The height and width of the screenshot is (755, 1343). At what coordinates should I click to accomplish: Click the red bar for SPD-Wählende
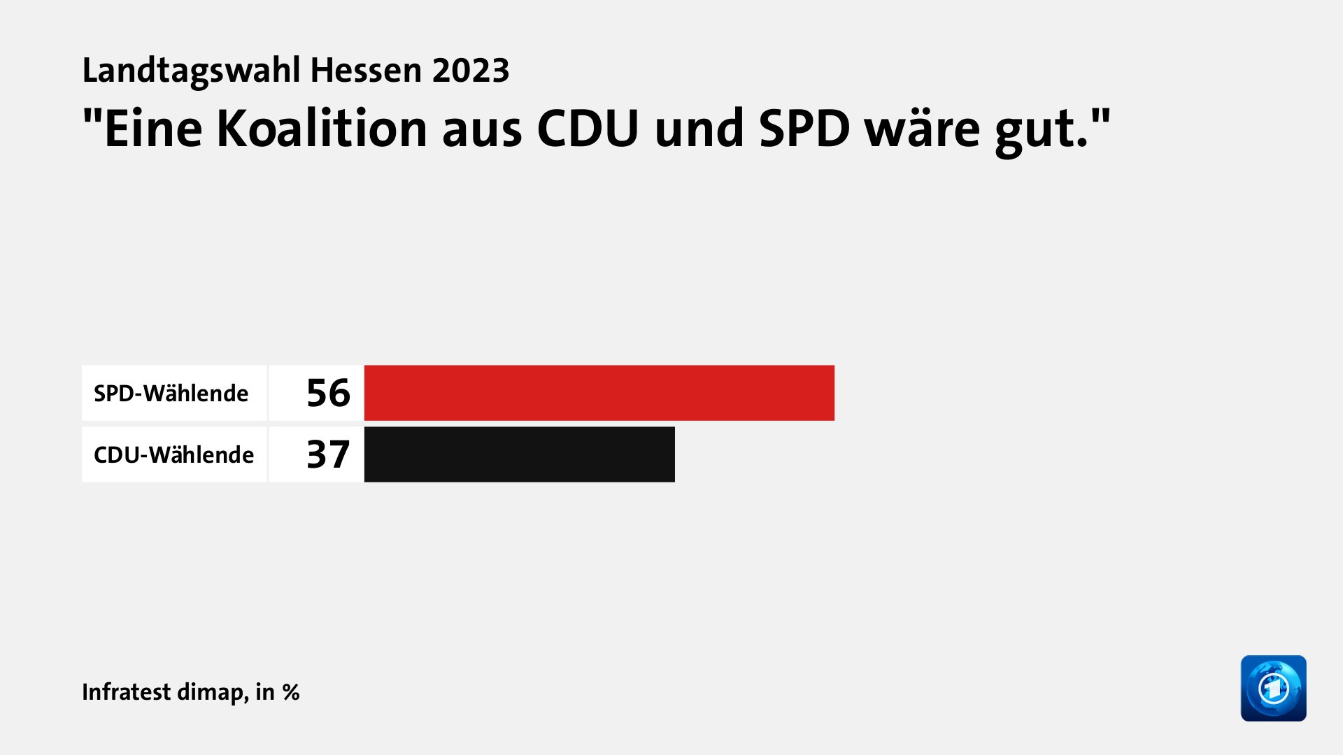pos(599,393)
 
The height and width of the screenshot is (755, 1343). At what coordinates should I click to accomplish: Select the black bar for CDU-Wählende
pos(519,454)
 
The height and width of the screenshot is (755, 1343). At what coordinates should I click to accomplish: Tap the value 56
pos(328,393)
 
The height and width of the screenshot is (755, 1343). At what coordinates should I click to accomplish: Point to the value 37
pos(328,454)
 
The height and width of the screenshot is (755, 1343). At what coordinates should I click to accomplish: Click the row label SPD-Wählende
pos(171,394)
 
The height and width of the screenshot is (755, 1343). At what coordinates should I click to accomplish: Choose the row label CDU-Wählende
pos(173,455)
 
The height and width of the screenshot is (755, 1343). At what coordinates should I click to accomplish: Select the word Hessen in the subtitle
pos(366,71)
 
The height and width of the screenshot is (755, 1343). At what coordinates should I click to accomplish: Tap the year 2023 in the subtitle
pos(470,71)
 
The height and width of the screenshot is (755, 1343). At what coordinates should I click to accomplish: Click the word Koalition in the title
pos(322,129)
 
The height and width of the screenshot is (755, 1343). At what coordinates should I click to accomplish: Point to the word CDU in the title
pos(588,129)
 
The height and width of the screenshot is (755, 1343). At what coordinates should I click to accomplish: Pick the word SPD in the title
pos(804,129)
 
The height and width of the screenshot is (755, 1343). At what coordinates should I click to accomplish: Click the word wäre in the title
pos(922,129)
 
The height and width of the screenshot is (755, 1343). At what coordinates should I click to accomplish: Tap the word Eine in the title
pos(152,129)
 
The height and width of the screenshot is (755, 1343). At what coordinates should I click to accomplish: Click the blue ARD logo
pos(1273,688)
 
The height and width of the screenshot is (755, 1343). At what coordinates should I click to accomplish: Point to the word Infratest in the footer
pos(126,691)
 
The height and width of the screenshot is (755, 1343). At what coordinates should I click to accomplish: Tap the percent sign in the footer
pos(291,692)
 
